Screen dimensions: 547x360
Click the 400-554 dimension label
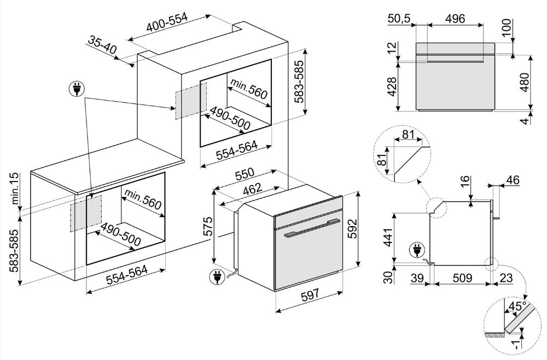(x=167, y=22)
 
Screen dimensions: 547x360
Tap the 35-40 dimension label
(x=102, y=45)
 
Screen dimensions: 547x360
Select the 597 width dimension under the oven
(x=310, y=294)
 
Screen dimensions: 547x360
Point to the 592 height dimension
(x=353, y=229)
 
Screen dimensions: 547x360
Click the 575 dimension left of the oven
(x=207, y=227)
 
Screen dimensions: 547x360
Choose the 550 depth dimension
(x=245, y=175)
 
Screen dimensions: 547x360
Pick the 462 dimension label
(x=252, y=189)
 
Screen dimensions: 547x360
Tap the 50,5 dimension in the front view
(x=399, y=19)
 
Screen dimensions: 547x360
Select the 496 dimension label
(x=455, y=19)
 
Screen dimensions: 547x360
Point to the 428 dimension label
(x=392, y=86)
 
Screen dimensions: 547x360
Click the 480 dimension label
(x=525, y=82)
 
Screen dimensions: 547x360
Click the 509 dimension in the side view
(x=462, y=278)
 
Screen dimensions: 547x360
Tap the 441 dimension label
(x=388, y=237)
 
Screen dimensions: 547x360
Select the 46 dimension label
(x=513, y=181)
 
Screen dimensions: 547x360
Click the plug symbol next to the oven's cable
(x=217, y=277)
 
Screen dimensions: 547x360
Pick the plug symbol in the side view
(x=416, y=251)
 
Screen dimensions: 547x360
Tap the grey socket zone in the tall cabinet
(x=191, y=101)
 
